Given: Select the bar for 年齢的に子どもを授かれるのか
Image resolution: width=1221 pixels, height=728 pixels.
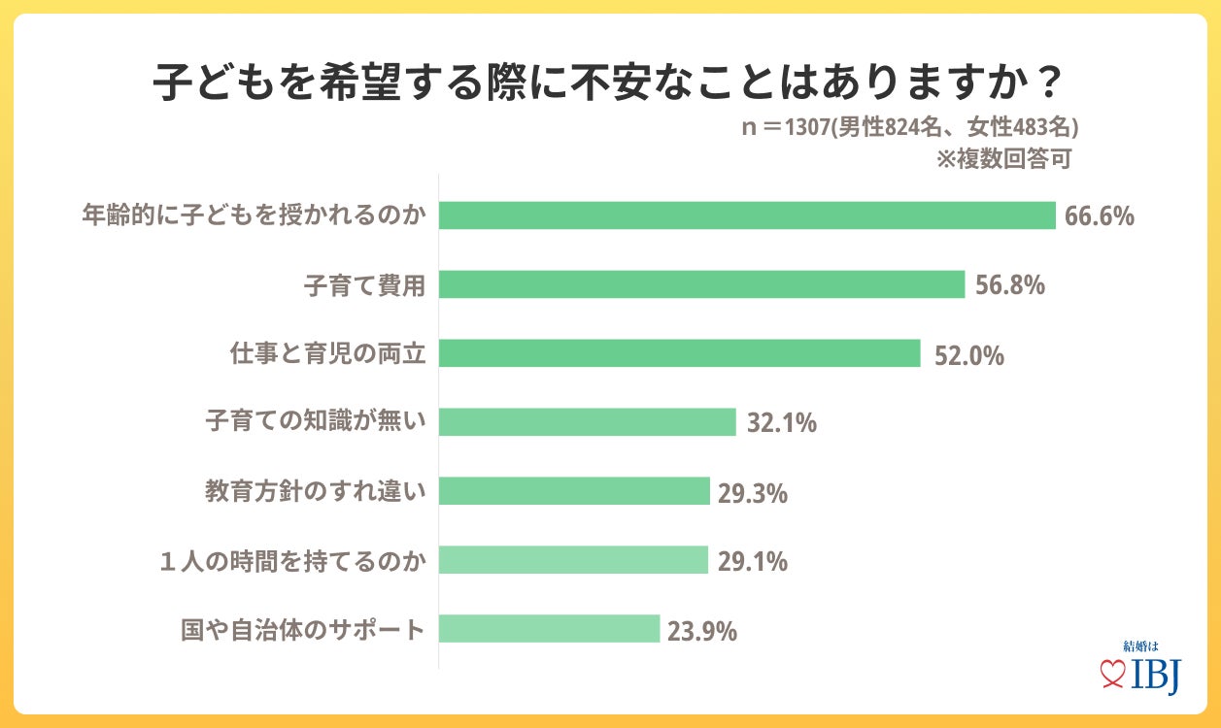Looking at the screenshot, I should point(746,215).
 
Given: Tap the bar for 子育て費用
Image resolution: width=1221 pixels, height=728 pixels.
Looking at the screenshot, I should point(701,284).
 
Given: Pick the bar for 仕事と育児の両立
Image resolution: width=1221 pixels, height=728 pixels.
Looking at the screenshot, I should point(679,353).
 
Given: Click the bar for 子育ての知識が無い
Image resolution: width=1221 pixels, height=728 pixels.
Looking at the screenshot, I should point(587,422).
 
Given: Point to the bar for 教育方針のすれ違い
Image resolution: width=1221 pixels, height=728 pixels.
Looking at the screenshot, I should point(574,491).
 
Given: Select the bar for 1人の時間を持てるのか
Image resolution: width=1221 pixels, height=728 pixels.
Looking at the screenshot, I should point(573,560).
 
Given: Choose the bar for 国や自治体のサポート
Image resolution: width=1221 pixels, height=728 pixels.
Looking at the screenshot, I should point(549,629).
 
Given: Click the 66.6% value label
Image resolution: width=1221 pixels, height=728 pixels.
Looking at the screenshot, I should point(1099,216).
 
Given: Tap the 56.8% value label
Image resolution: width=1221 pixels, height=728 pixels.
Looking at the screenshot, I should point(1008,285).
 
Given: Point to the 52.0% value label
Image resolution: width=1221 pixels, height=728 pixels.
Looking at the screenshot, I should point(968,355).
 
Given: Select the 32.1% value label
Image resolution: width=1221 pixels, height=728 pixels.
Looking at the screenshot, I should point(782,424).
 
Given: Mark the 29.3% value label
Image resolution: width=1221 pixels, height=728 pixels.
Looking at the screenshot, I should point(752,493).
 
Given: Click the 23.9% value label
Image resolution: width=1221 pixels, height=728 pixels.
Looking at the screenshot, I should point(701,631).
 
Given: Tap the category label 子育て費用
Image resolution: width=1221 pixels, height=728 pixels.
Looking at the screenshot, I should point(365,285).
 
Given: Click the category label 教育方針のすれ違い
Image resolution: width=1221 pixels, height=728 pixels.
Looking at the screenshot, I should point(316,492).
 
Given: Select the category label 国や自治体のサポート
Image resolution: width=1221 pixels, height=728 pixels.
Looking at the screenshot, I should point(304,630).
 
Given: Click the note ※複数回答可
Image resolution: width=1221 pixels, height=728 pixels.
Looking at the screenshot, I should point(1003,158).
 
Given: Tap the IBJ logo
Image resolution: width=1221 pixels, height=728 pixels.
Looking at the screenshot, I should point(1140,670).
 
